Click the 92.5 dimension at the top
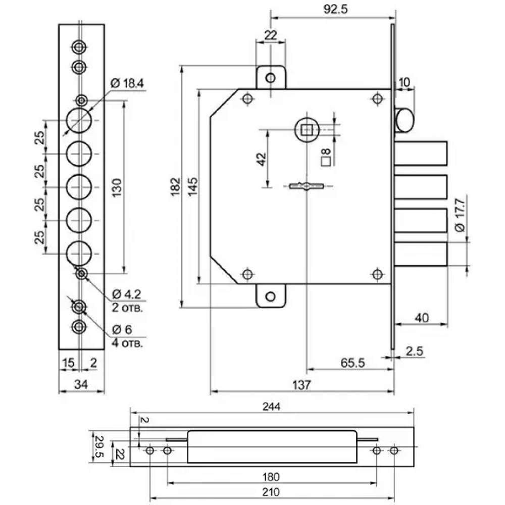coord(335,9)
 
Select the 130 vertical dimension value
coord(117,188)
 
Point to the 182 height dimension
coord(175,186)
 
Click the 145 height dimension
coord(192,186)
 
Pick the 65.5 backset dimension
coord(352,363)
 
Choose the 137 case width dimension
coord(301,385)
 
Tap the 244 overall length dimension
coord(272,407)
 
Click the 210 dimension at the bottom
coord(271,492)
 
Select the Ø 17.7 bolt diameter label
coord(460,215)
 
